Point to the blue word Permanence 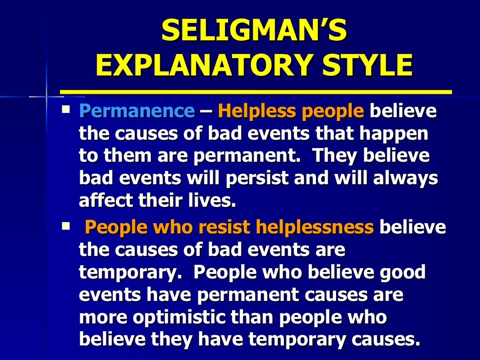tap(136, 112)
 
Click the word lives tap(211, 201)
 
